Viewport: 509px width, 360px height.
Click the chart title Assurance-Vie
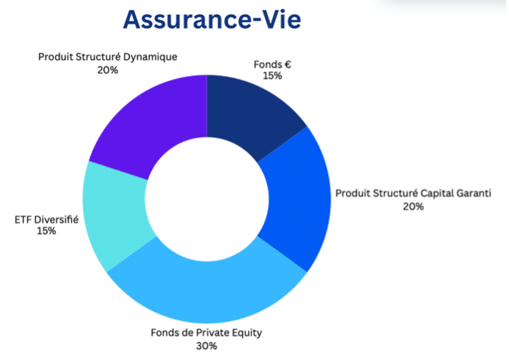pyautogui.click(x=212, y=20)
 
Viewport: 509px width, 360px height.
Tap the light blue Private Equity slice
pyautogui.click(x=207, y=292)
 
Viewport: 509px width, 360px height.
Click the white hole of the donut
pyautogui.click(x=207, y=199)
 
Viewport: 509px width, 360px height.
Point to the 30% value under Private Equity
pyautogui.click(x=207, y=346)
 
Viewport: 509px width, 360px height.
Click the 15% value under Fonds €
pyautogui.click(x=272, y=76)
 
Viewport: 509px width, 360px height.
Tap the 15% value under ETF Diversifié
pyautogui.click(x=46, y=231)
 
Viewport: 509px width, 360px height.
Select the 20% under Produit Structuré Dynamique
pyautogui.click(x=108, y=70)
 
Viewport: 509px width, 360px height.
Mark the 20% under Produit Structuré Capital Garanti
pyautogui.click(x=413, y=207)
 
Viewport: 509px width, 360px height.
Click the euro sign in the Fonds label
pyautogui.click(x=288, y=65)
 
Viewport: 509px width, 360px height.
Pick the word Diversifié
pyautogui.click(x=57, y=220)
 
